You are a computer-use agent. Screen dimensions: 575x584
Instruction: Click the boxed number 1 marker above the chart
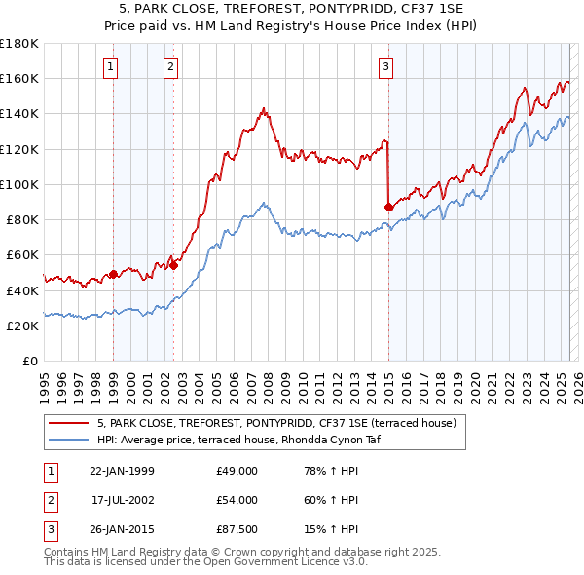(x=111, y=67)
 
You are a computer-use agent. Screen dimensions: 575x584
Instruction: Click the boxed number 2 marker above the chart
(x=170, y=67)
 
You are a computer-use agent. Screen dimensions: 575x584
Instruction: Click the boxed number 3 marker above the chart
(x=386, y=67)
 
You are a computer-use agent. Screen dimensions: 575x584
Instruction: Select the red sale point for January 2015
(x=389, y=207)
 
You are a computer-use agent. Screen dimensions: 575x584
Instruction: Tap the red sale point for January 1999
(x=113, y=274)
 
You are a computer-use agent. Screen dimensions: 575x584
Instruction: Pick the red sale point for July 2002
(x=173, y=265)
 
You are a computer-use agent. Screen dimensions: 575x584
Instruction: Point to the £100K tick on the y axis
(x=19, y=184)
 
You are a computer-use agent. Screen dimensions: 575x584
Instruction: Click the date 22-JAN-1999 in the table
(x=122, y=471)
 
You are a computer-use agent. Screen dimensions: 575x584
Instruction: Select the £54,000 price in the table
(x=237, y=500)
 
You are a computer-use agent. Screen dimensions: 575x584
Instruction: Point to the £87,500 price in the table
(x=237, y=529)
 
